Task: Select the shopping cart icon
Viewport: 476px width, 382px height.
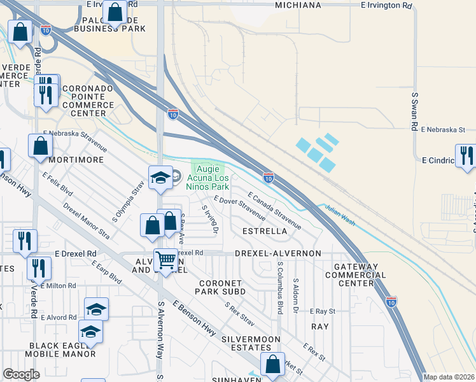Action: coord(165,260)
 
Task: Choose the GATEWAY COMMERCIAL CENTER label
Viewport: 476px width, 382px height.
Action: coord(354,275)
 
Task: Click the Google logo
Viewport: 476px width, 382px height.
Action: coord(22,374)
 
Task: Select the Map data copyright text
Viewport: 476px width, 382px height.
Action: coord(449,377)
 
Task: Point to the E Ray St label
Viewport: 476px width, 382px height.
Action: coord(322,311)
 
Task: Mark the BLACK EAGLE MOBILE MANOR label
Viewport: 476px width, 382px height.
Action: coord(62,350)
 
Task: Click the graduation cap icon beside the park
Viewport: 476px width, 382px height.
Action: coord(160,178)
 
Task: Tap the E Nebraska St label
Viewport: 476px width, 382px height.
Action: coord(443,129)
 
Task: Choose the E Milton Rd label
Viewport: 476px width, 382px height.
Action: coord(57,286)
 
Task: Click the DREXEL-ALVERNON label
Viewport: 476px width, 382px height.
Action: coord(277,253)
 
